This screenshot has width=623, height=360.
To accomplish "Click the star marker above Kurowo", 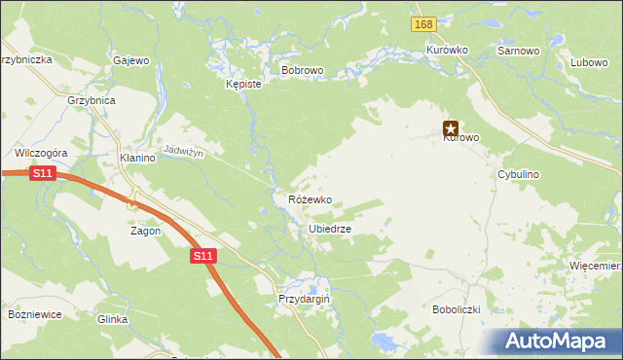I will click(451, 126).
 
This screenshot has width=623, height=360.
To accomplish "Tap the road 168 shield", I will click(422, 24).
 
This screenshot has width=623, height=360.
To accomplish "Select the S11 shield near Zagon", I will click(202, 255).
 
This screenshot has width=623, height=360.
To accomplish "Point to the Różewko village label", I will click(310, 199).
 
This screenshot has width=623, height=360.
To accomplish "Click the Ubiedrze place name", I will click(329, 229).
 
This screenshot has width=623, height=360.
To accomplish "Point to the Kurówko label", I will click(448, 50).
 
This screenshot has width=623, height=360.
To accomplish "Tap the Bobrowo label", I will click(302, 71).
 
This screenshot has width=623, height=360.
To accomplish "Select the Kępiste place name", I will click(243, 85).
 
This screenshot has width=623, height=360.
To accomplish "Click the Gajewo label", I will click(131, 60).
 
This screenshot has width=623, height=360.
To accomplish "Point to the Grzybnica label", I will click(92, 100).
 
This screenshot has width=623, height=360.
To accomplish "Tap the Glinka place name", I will click(113, 319).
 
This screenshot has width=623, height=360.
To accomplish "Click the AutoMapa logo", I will click(558, 341).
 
